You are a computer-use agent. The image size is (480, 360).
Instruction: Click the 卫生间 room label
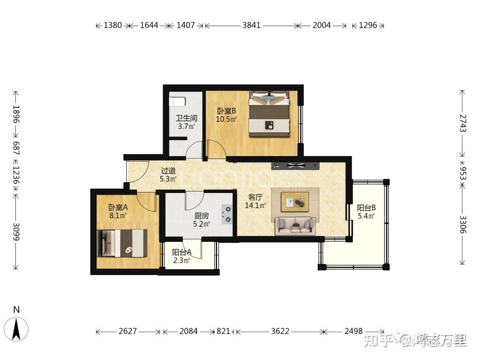[x=186, y=118]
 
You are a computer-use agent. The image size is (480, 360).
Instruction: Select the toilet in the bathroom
[x=177, y=101]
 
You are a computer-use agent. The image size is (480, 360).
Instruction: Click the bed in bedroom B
[x=269, y=114]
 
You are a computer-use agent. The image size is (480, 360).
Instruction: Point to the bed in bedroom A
[x=122, y=243]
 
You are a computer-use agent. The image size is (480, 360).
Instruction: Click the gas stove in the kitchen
[x=227, y=214]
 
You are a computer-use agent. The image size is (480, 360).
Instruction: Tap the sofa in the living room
[x=295, y=226]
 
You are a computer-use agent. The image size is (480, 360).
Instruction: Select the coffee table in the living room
[x=295, y=202]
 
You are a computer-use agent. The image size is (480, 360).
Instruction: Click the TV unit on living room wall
[x=295, y=166]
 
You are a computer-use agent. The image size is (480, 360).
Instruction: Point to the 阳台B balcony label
[x=366, y=208]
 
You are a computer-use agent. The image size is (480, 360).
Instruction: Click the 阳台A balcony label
[x=182, y=252]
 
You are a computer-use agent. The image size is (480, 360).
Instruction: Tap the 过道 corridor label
[x=168, y=170]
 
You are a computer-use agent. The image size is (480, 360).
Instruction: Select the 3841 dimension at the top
[x=252, y=25]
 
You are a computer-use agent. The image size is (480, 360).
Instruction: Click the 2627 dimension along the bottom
[x=128, y=331]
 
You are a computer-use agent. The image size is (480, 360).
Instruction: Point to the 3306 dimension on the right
[x=463, y=225]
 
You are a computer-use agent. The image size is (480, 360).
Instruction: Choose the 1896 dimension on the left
[x=16, y=114]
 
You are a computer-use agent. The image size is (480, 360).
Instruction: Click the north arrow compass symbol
[x=16, y=329]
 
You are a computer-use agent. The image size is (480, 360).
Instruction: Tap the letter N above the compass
[x=16, y=310]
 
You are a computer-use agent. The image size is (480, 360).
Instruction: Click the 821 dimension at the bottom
[x=223, y=331]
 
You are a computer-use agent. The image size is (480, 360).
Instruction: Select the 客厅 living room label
[x=255, y=197]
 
